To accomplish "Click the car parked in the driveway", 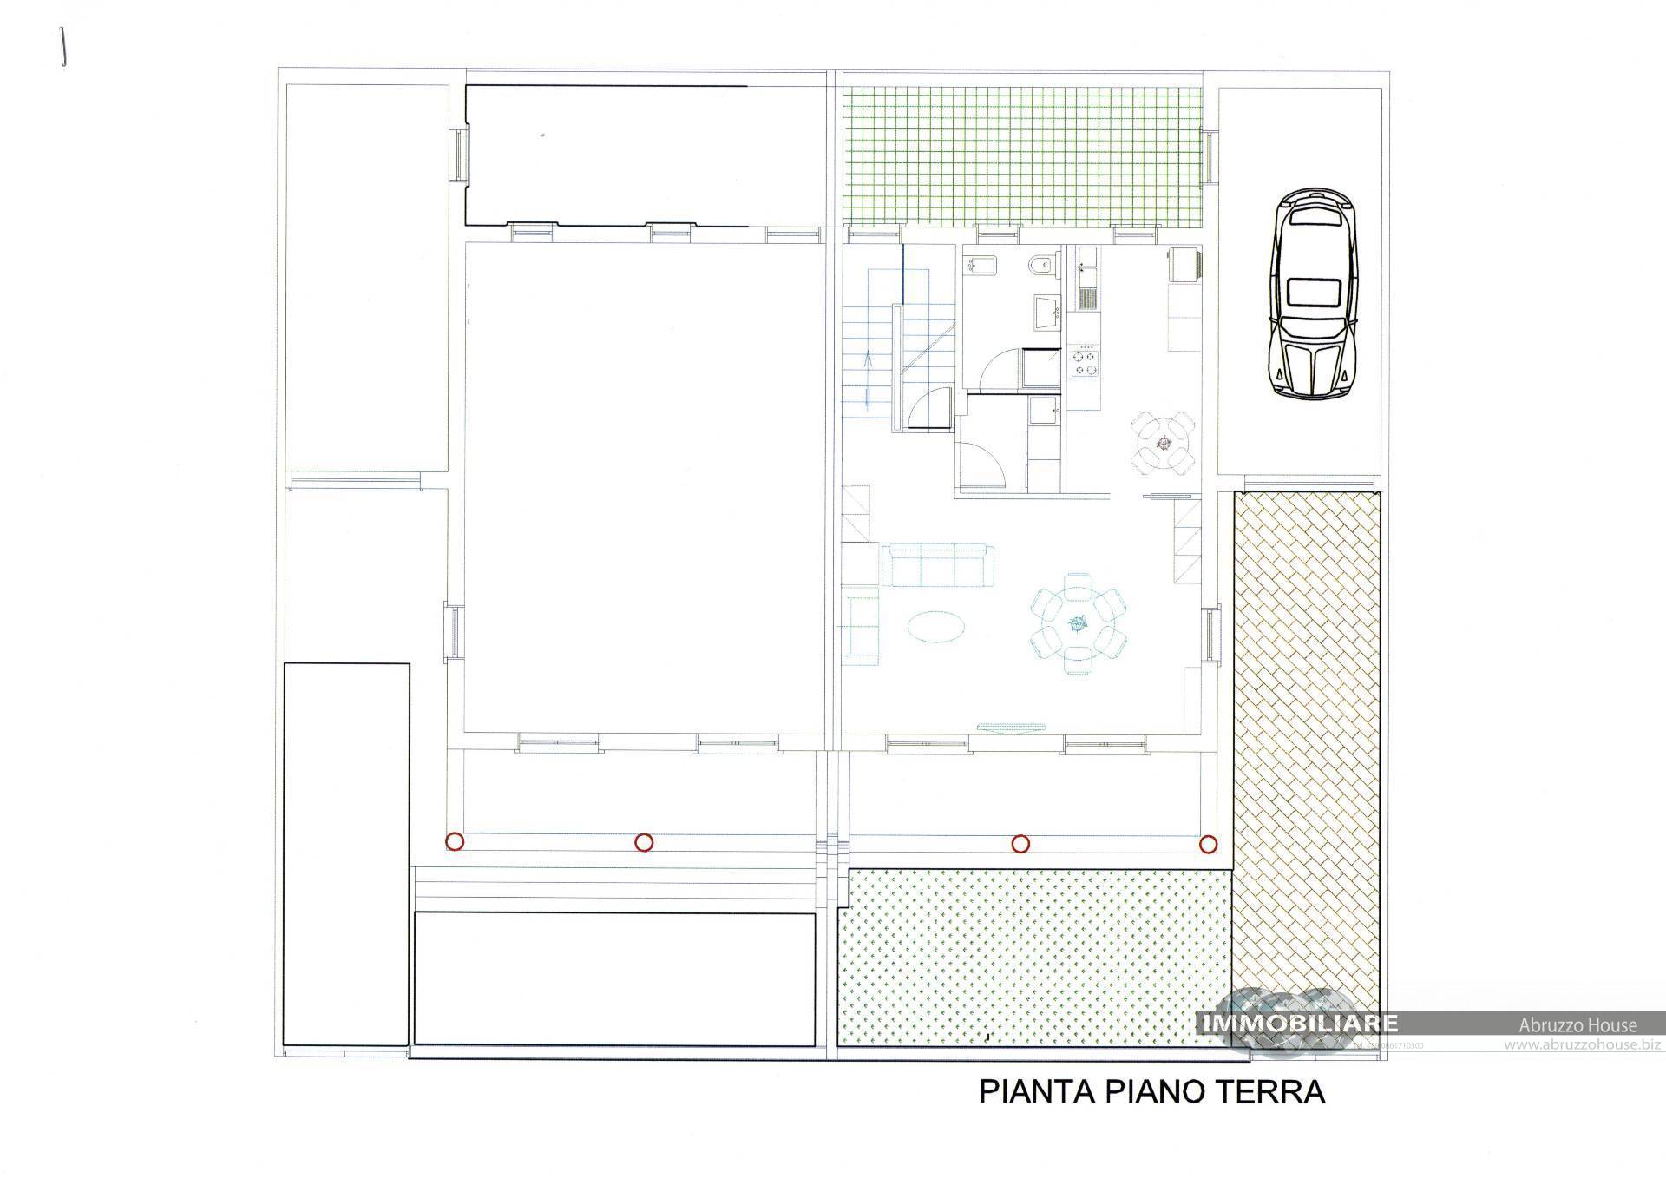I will (1315, 293).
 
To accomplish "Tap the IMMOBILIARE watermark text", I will (1299, 1024).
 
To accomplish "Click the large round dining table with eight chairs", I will (1078, 622).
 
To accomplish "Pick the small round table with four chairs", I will (1164, 443).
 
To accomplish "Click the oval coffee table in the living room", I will (934, 624).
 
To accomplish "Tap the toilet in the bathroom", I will (1043, 265).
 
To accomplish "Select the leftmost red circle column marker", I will (454, 841).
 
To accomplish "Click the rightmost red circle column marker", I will (1208, 843).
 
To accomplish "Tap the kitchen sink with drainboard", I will (1087, 280).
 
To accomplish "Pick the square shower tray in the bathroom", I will (1040, 369).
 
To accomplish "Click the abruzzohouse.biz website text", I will (1581, 1045).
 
